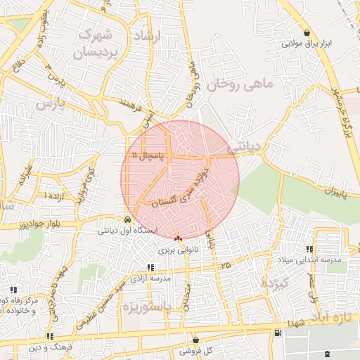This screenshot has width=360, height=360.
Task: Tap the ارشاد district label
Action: (x=147, y=35)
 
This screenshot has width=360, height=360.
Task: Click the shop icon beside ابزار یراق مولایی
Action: (x=307, y=32)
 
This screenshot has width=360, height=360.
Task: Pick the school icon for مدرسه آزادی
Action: (x=150, y=266)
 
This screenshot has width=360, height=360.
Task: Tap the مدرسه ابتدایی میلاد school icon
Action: (x=309, y=249)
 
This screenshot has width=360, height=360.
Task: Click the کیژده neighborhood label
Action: (x=276, y=283)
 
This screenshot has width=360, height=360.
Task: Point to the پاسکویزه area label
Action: (x=148, y=307)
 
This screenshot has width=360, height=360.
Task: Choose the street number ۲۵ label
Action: (x=225, y=265)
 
